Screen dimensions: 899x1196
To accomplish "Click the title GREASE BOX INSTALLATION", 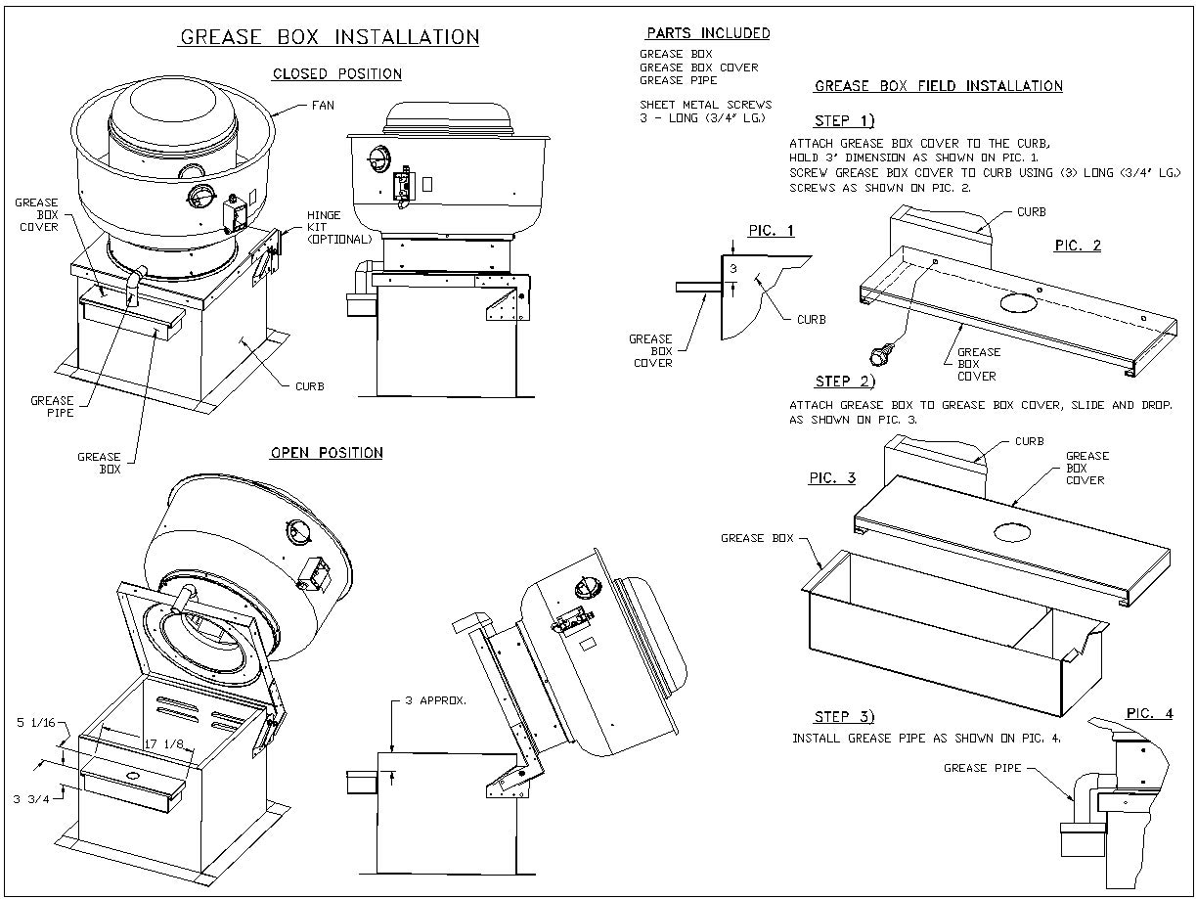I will click(x=330, y=37).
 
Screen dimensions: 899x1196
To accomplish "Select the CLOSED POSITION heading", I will click(x=336, y=74).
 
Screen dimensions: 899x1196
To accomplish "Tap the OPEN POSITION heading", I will click(x=326, y=453).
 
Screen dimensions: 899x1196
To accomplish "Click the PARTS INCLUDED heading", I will click(x=708, y=33).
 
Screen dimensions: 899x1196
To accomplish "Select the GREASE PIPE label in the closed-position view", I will click(x=52, y=406).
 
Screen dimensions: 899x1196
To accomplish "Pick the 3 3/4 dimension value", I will click(x=30, y=799).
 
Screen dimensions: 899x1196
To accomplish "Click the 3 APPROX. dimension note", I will click(x=435, y=700).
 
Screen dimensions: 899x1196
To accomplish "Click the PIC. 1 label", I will click(x=771, y=231).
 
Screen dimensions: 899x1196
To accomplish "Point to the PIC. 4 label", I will click(x=1149, y=713).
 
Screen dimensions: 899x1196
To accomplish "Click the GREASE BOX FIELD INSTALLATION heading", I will click(x=938, y=86).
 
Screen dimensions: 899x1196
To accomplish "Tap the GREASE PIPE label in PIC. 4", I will click(x=982, y=768).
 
